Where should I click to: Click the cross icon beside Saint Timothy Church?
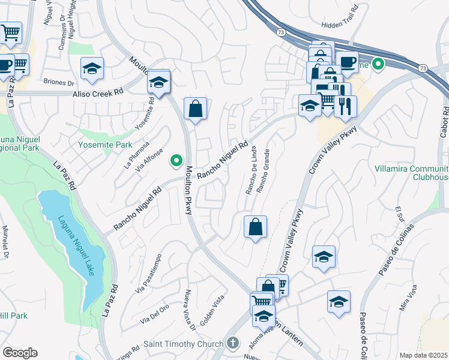tap(233, 343)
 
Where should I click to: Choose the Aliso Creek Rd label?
tap(97, 94)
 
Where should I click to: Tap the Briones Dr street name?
tap(58, 83)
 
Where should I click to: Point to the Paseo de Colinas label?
tap(396, 250)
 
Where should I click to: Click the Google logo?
tap(19, 353)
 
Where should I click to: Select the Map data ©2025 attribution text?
tap(423, 355)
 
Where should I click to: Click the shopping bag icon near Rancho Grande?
tap(255, 227)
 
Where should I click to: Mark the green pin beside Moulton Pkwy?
tap(176, 160)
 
